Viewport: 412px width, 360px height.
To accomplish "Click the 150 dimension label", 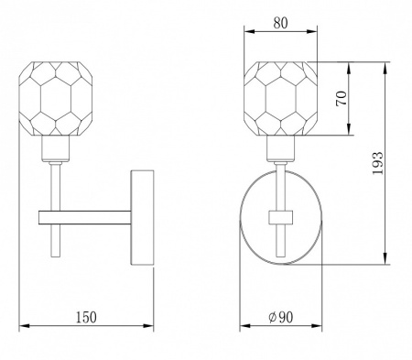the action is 86,317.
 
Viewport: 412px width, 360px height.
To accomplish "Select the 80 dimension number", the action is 280,23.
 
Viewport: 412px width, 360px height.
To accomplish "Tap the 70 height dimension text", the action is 342,98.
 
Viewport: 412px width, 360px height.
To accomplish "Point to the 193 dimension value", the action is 377,163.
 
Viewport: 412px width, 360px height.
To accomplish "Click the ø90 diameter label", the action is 281,317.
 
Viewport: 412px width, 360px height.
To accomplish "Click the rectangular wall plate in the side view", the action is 142,217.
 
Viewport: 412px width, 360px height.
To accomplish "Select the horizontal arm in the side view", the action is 85,218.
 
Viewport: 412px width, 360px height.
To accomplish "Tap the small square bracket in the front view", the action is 281,218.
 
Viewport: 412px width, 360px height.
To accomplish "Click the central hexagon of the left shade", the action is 56,98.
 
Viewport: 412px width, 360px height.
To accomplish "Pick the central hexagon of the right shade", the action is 281,98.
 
